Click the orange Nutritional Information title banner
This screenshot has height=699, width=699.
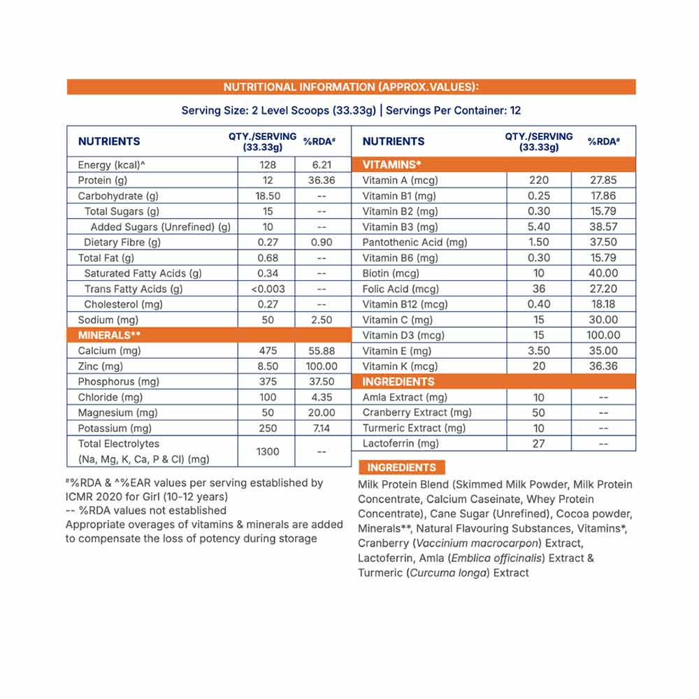point(351,87)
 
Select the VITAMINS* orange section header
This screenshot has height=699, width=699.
point(391,164)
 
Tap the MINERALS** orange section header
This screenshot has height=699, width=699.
point(110,335)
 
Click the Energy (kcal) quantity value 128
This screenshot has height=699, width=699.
point(267,165)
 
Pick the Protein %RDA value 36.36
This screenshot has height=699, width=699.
point(322,180)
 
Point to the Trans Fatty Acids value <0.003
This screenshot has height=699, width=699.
point(267,289)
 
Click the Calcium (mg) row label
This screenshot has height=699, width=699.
point(110,351)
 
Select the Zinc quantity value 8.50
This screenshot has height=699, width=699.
point(267,366)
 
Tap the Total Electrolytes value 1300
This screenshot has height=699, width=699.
point(267,452)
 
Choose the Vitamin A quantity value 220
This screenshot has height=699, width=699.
point(539,180)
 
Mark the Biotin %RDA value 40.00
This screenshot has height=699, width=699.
point(603,273)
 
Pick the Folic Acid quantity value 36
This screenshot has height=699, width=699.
point(539,289)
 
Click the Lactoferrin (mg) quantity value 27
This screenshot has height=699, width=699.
point(539,443)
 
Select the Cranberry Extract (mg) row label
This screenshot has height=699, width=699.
point(417,412)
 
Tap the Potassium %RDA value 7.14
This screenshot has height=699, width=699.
point(322,428)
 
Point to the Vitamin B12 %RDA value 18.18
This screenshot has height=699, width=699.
point(603,304)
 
